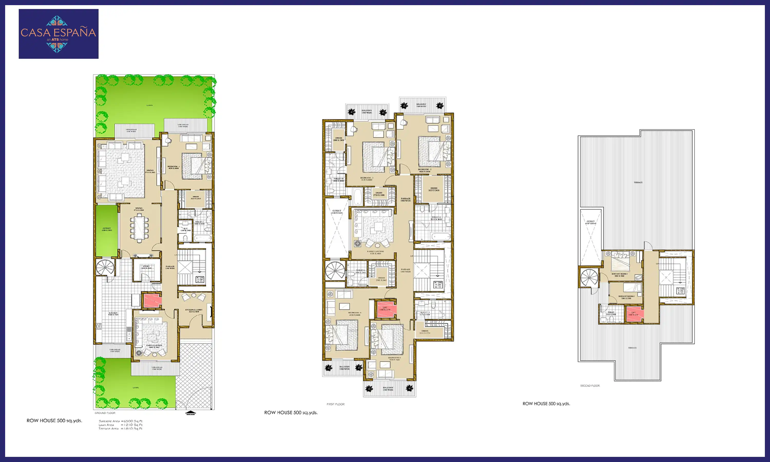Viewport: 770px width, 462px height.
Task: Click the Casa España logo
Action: tap(59, 34)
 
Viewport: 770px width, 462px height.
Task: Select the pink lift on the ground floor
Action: tap(152, 301)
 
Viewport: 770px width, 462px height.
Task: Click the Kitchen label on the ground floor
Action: tap(113, 314)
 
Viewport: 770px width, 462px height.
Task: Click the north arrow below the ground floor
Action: tap(190, 413)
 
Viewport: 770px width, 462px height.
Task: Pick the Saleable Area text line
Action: tap(120, 421)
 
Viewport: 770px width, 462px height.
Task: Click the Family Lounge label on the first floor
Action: tap(375, 252)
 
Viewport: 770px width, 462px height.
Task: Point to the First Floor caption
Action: tap(335, 404)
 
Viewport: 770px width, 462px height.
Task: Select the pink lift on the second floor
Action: tap(634, 314)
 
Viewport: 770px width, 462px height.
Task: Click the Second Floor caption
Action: tap(590, 386)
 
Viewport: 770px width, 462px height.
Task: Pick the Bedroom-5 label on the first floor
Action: tap(394, 359)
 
